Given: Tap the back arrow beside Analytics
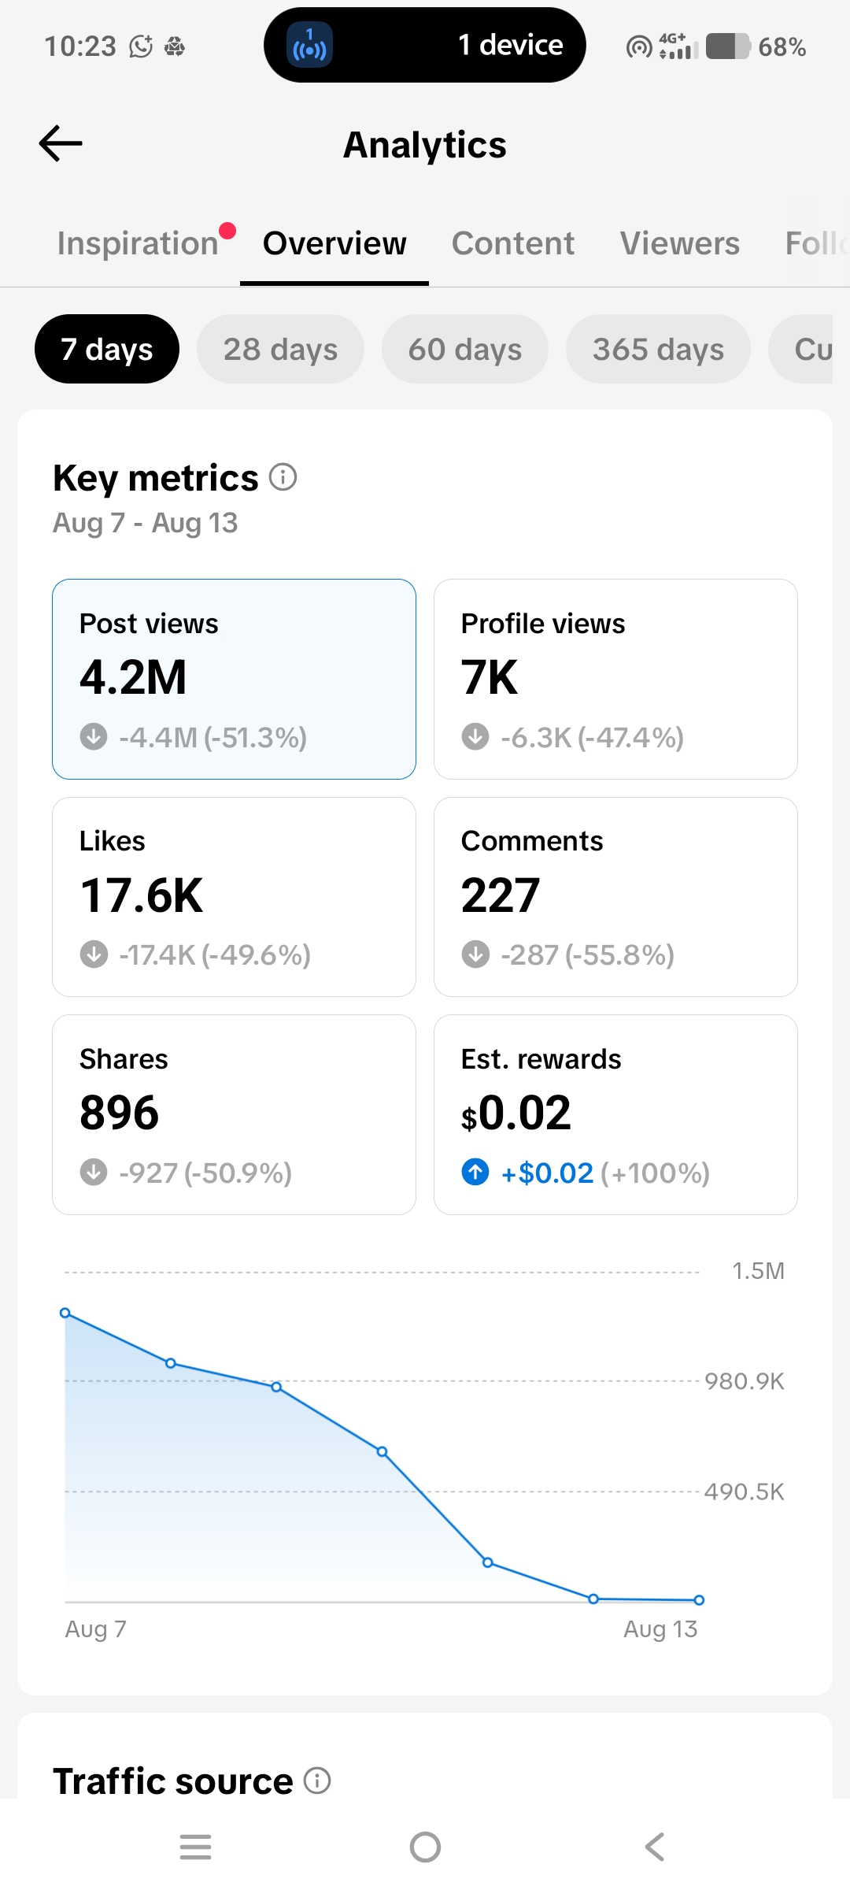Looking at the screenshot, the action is click(61, 143).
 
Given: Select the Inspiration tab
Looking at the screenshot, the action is click(138, 243).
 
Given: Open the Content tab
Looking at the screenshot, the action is click(512, 243).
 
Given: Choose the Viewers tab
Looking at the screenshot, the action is click(680, 243).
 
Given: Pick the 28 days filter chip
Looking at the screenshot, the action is click(280, 349).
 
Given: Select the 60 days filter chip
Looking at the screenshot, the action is click(465, 349).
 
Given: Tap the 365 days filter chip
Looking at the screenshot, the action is click(658, 349).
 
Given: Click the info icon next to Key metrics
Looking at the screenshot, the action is click(283, 476).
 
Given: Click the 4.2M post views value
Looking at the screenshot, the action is click(133, 677).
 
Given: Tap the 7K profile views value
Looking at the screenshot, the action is click(490, 677).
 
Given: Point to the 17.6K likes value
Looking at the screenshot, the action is click(142, 895).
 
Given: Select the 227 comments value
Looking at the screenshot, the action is click(501, 895).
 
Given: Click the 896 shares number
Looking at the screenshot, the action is click(120, 1113).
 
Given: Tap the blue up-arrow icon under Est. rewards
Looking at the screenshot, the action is click(475, 1172).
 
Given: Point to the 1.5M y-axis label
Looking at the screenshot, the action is click(758, 1271).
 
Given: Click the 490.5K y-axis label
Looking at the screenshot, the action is click(745, 1492).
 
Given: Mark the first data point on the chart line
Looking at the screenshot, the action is click(65, 1313).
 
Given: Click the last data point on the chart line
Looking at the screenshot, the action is click(699, 1600).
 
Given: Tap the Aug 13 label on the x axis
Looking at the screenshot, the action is click(660, 1629).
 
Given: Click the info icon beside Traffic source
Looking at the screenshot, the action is click(317, 1781).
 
